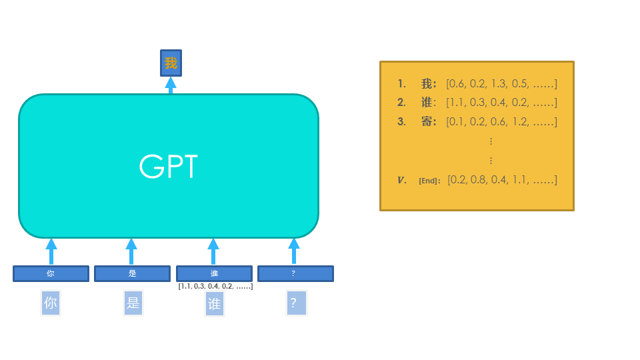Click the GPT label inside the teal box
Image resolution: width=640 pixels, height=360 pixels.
click(x=168, y=167)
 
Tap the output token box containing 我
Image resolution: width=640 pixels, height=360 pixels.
click(x=171, y=63)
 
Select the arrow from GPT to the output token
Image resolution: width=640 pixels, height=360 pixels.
click(x=171, y=85)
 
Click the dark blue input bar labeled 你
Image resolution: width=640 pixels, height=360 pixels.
click(x=51, y=273)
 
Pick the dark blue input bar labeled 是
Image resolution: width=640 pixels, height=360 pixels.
click(x=132, y=273)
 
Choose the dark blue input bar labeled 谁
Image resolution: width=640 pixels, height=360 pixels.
click(x=214, y=273)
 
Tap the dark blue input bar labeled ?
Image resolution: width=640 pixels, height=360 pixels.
click(x=295, y=273)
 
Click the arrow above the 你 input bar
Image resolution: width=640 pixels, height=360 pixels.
click(x=51, y=251)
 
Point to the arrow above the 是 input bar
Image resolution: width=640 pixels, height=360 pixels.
click(x=131, y=251)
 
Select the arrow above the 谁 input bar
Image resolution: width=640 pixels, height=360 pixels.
click(x=213, y=251)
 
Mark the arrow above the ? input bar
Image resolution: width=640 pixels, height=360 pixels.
click(x=294, y=251)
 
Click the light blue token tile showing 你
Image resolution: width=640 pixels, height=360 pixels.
click(x=51, y=303)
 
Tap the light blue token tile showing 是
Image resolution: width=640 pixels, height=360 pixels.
click(x=133, y=303)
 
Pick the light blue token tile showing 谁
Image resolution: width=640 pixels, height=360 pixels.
click(x=214, y=304)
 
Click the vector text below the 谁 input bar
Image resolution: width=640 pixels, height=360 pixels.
click(x=215, y=286)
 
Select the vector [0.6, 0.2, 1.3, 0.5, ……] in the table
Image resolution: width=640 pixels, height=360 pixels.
click(x=501, y=84)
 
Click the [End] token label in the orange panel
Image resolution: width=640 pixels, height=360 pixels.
click(x=429, y=181)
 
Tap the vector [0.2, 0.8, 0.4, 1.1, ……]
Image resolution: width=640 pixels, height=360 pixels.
click(x=501, y=180)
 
